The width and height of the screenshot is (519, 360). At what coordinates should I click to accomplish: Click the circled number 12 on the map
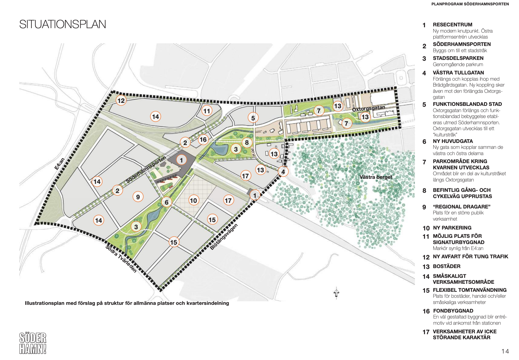pyautogui.click(x=121, y=101)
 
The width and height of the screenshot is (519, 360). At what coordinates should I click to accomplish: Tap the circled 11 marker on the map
pyautogui.click(x=207, y=111)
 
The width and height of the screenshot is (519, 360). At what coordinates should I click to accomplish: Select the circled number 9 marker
pyautogui.click(x=138, y=197)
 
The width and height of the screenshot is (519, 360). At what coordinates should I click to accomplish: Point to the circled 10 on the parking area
pyautogui.click(x=193, y=201)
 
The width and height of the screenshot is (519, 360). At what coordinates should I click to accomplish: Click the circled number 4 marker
pyautogui.click(x=283, y=172)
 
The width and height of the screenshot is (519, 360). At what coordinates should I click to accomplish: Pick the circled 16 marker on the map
pyautogui.click(x=203, y=139)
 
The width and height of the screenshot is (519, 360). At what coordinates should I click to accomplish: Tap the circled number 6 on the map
pyautogui.click(x=167, y=202)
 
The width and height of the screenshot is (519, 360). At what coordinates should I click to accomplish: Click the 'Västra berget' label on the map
pyautogui.click(x=375, y=177)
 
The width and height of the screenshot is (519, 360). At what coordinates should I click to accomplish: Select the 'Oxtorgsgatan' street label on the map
pyautogui.click(x=368, y=108)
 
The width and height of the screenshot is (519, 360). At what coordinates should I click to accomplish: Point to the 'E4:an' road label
pyautogui.click(x=60, y=164)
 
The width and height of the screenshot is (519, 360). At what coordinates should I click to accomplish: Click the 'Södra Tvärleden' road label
pyautogui.click(x=121, y=259)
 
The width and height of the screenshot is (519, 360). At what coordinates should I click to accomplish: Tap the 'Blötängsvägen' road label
pyautogui.click(x=224, y=237)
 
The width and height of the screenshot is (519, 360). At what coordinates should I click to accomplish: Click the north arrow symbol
pyautogui.click(x=336, y=293)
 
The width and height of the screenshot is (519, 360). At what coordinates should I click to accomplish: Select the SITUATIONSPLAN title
pyautogui.click(x=63, y=24)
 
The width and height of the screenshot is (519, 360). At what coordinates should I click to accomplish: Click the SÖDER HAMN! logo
pyautogui.click(x=33, y=343)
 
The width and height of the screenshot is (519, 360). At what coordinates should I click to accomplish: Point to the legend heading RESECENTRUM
pyautogui.click(x=452, y=25)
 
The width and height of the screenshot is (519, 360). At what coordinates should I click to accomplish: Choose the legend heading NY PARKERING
pyautogui.click(x=452, y=228)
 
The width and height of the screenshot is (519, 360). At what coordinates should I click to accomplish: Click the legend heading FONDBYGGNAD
pyautogui.click(x=453, y=311)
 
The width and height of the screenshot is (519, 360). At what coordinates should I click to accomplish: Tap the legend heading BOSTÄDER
pyautogui.click(x=447, y=266)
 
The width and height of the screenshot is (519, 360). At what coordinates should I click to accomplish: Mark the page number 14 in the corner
pyautogui.click(x=505, y=351)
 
